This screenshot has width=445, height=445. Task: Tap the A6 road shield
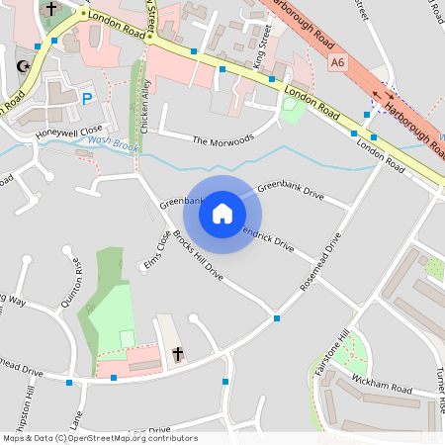(x=339, y=62)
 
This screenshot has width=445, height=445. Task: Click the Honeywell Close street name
(x=68, y=131)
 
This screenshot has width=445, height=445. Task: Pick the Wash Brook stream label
(x=112, y=141)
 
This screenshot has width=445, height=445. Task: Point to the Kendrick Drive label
(x=268, y=240)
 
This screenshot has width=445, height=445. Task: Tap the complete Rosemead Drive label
(x=320, y=268)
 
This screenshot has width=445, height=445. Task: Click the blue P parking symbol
(x=87, y=99)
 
